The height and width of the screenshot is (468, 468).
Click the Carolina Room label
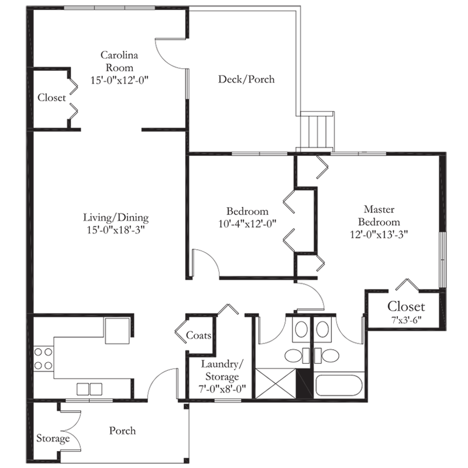[x=119, y=61]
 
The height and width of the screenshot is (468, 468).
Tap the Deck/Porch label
[x=246, y=80]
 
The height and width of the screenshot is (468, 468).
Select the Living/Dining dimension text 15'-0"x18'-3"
[x=116, y=230]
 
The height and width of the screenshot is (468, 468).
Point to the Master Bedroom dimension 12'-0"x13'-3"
[x=378, y=235]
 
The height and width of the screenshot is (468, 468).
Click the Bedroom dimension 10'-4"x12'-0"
[x=247, y=223]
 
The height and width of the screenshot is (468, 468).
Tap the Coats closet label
[x=198, y=335]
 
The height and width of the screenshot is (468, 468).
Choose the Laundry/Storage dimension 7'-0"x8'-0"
[x=222, y=388]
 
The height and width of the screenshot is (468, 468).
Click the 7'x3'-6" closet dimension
[x=406, y=320]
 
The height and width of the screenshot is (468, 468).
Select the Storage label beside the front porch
[x=53, y=438]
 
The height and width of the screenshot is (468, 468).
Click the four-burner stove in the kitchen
[x=43, y=359]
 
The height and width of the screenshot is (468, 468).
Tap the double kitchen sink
[x=90, y=389]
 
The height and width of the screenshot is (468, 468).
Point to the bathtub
[x=339, y=385]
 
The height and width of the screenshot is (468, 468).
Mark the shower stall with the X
[x=276, y=383]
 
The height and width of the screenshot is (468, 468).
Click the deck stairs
[x=316, y=131]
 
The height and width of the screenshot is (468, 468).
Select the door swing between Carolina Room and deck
[x=171, y=54]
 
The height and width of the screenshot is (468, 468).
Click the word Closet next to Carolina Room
[x=51, y=98]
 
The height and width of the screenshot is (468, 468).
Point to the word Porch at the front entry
[x=122, y=431]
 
